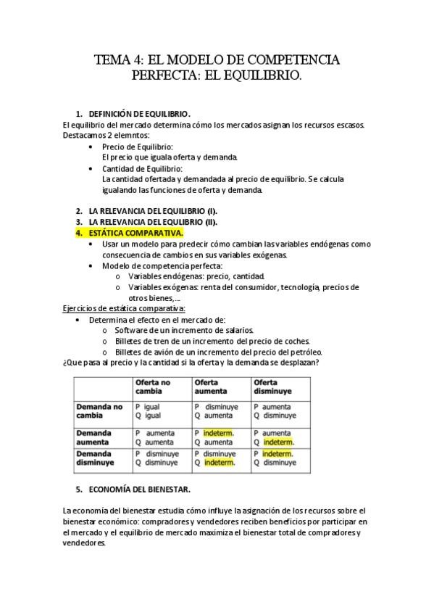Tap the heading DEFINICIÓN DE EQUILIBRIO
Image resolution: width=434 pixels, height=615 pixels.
pyautogui.click(x=139, y=114)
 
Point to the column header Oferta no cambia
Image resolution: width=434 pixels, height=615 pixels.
pyautogui.click(x=153, y=387)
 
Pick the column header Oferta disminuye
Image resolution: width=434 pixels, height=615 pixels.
pyautogui.click(x=272, y=387)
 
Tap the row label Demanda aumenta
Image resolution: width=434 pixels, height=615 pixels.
pyautogui.click(x=94, y=437)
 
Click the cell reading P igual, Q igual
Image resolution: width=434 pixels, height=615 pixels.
pyautogui.click(x=148, y=411)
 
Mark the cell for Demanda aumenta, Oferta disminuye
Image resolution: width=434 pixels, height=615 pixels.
pyautogui.click(x=274, y=437)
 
